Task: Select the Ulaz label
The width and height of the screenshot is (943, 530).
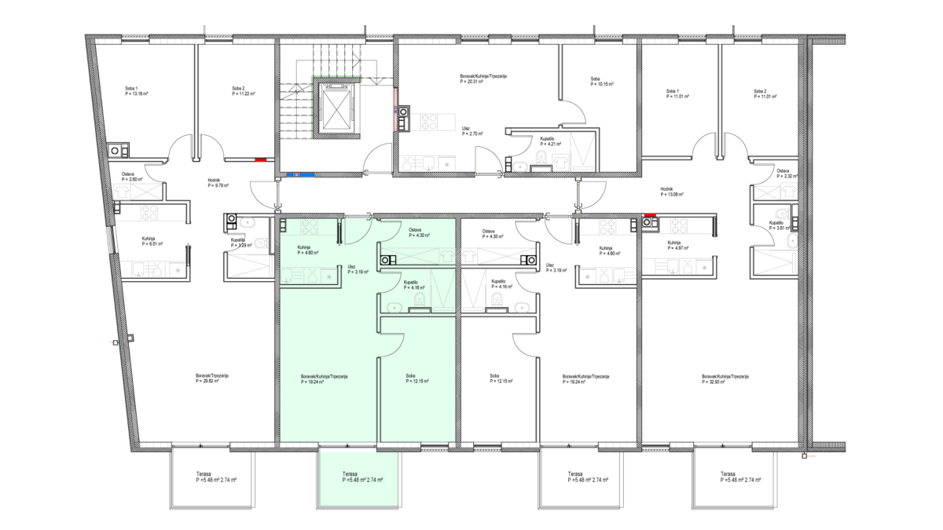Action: [351, 267]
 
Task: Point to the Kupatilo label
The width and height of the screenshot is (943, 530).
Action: [410, 282]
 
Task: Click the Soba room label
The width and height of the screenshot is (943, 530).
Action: [410, 376]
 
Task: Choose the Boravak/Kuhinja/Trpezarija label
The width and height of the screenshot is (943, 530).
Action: [324, 376]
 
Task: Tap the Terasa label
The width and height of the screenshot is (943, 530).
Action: [350, 474]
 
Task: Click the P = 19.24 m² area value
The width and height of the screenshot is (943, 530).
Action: [312, 382]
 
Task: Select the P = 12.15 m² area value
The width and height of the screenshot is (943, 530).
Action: [417, 382]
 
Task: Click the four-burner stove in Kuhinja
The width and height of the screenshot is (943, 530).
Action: [309, 228]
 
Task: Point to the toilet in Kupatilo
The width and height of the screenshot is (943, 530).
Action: [419, 299]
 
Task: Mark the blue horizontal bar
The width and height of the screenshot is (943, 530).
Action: [301, 175]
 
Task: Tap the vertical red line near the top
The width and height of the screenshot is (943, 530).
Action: [395, 109]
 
